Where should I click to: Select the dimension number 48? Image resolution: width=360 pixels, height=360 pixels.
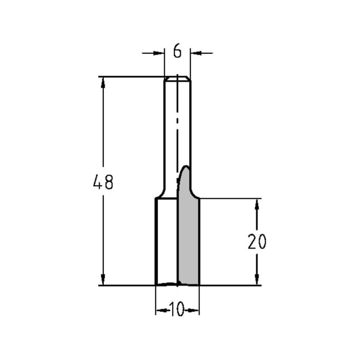pos(103,182)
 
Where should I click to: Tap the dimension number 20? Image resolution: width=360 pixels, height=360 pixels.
pos(257,242)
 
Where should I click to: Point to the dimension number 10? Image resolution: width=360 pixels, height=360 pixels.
pos(177,310)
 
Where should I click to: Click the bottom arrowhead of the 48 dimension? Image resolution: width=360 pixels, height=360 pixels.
pos(103,279)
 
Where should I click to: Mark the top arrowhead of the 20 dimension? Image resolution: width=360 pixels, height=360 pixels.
pos(257,204)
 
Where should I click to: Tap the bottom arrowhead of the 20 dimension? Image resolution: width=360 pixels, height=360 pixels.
pos(257,279)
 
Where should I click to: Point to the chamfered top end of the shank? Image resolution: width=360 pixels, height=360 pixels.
pos(177,78)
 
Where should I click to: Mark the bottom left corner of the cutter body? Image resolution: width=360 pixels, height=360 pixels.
pos(156,285)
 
